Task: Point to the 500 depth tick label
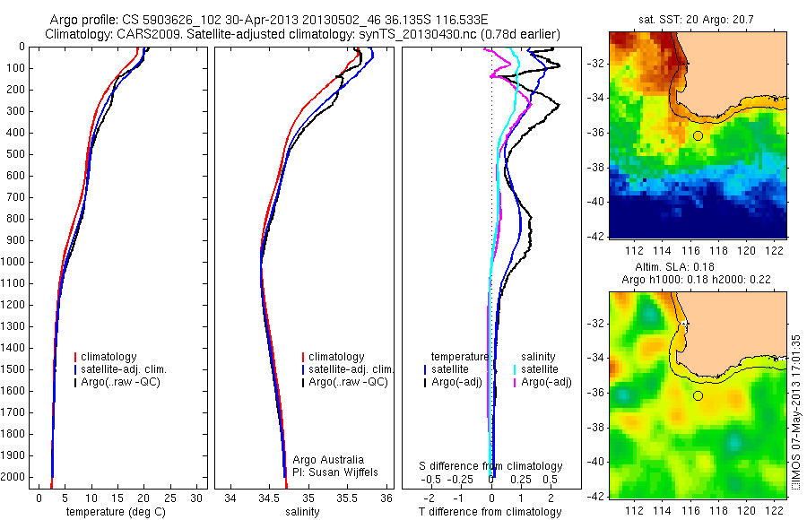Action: pyautogui.click(x=16, y=154)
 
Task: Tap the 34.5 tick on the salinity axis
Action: pyautogui.click(x=269, y=498)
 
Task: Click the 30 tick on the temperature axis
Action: pyautogui.click(x=197, y=498)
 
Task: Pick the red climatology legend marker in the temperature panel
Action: pyautogui.click(x=76, y=358)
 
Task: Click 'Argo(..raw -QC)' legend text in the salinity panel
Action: pyautogui.click(x=348, y=382)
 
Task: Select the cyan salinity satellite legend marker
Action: pyautogui.click(x=515, y=369)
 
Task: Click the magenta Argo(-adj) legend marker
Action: pyautogui.click(x=515, y=382)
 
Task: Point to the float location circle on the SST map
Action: pyautogui.click(x=698, y=135)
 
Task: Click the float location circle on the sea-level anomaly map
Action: pyautogui.click(x=698, y=395)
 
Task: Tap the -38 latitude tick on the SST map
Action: pyautogui.click(x=594, y=168)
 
